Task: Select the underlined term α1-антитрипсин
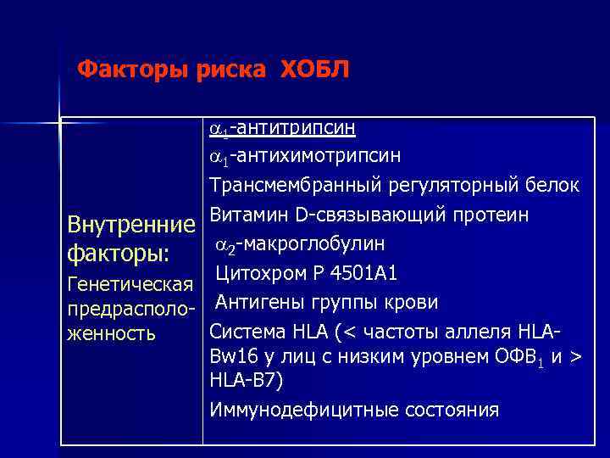(x=282, y=128)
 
